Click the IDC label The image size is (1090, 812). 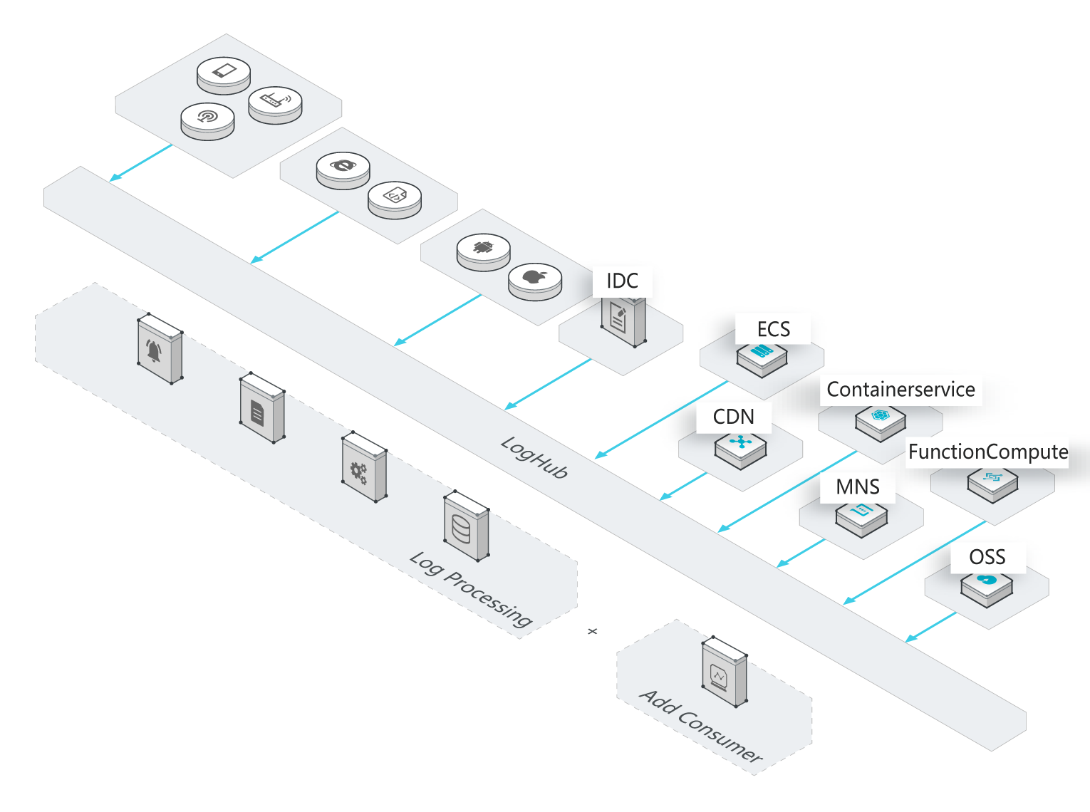(622, 281)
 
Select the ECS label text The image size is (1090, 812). (774, 329)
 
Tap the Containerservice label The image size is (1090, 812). (900, 390)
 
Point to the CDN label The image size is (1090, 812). (733, 417)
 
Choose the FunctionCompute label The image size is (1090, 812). (987, 452)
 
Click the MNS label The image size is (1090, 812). (858, 487)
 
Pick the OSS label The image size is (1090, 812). (987, 557)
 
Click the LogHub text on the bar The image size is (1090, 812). (534, 457)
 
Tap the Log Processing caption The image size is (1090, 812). (471, 588)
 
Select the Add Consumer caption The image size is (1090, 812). (701, 726)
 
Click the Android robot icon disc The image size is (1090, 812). (483, 250)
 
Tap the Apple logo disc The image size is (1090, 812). (534, 279)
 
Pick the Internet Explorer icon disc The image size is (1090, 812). (343, 169)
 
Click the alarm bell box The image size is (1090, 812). (160, 349)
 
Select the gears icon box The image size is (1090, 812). (364, 467)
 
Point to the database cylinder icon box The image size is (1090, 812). (466, 526)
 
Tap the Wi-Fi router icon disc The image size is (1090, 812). (275, 103)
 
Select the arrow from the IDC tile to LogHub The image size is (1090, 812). (548, 385)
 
